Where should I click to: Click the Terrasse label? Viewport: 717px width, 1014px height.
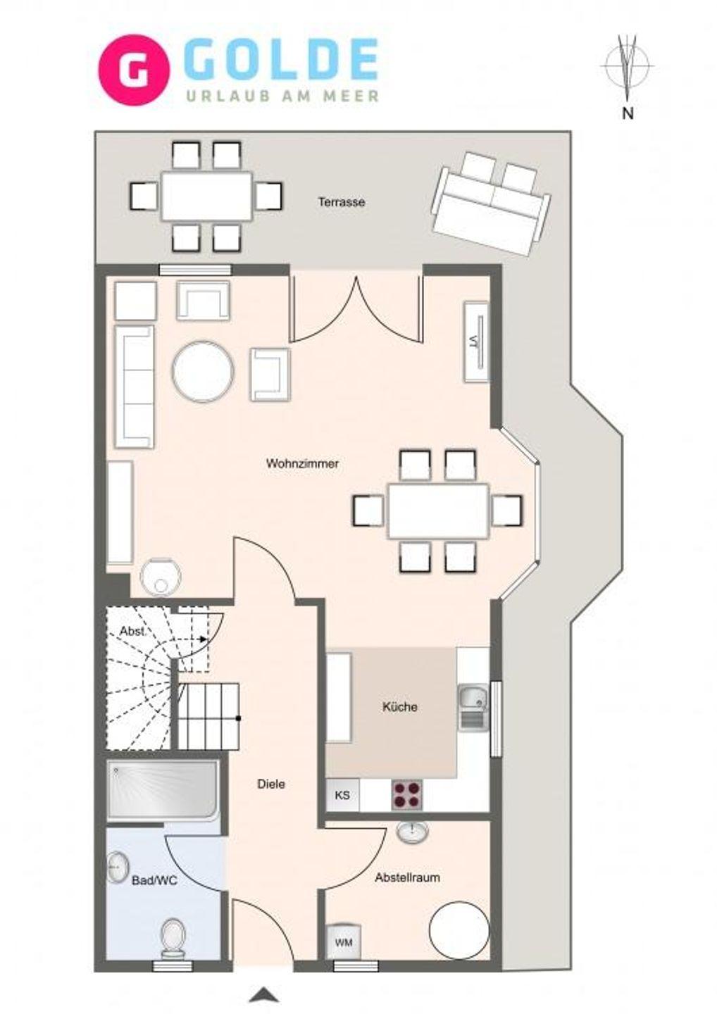click(342, 202)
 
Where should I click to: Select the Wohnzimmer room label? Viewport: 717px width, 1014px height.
click(302, 463)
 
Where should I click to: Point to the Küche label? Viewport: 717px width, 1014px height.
click(399, 707)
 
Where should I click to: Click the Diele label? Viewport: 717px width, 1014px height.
click(271, 784)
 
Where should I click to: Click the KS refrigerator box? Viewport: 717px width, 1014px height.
click(343, 795)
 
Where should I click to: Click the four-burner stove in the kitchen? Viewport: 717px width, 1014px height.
click(406, 795)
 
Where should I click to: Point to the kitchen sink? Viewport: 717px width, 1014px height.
click(473, 708)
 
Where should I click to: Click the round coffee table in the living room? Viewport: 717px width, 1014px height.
click(204, 371)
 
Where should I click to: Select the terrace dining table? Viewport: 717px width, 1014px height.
click(207, 196)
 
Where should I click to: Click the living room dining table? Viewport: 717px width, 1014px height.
click(437, 511)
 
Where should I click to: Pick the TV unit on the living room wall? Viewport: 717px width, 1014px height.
click(476, 342)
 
